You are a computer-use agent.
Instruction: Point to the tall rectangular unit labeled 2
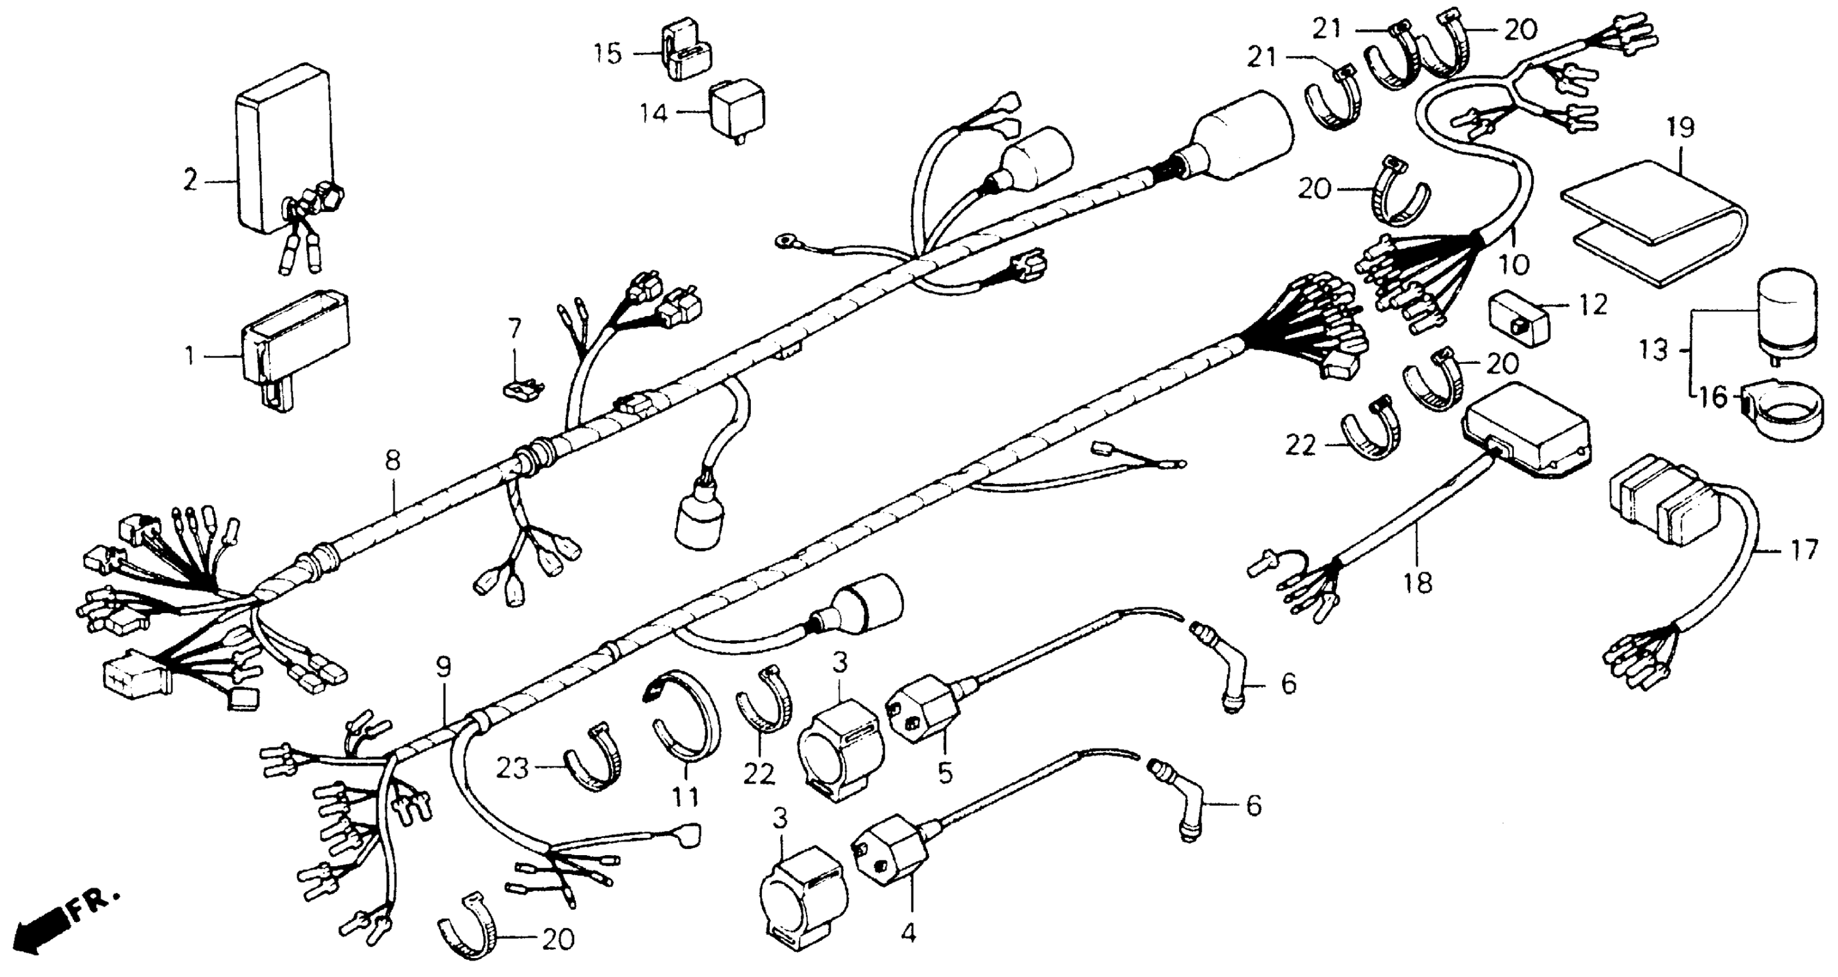coord(282,143)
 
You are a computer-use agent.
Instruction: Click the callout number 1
coord(189,355)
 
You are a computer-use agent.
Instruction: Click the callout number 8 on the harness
coord(393,461)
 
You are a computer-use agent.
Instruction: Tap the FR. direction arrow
coord(43,927)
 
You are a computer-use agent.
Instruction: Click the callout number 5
coord(945,773)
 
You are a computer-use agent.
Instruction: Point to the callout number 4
coord(908,933)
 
